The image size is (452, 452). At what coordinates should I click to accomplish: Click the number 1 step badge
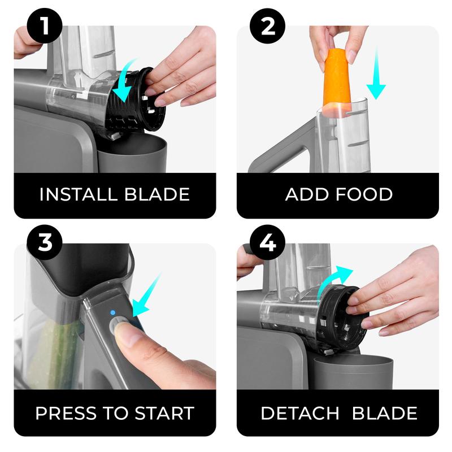pos(45,25)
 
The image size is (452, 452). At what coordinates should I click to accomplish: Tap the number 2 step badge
pos(267,25)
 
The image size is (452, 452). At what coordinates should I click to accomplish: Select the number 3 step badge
pos(45,242)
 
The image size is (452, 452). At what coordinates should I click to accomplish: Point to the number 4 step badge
pos(267,242)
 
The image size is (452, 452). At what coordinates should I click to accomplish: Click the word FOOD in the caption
pos(364,194)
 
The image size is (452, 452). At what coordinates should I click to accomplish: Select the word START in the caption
pos(164,414)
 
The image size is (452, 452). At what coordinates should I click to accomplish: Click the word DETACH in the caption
pos(300,414)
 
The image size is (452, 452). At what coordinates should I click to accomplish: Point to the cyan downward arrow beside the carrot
pos(376,73)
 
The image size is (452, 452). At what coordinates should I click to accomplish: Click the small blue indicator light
pos(112,312)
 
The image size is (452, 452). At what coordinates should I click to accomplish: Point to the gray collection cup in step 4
pos(354,372)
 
